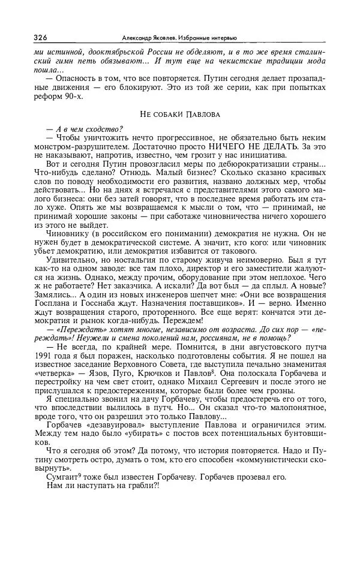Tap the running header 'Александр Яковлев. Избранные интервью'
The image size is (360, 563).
click(x=179, y=38)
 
